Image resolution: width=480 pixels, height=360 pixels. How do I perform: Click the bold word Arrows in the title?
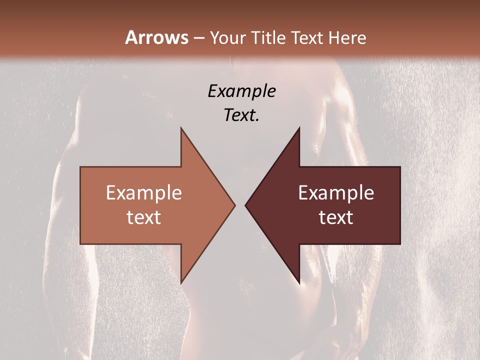coord(156,37)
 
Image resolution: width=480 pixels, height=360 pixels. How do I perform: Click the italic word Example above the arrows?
coord(241,91)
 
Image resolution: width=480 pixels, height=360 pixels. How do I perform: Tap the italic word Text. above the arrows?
coord(241,115)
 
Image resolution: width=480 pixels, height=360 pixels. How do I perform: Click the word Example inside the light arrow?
coord(144,193)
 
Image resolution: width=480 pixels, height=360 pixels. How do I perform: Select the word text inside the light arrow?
coord(144,217)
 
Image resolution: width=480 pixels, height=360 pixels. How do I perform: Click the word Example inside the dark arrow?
coord(336,193)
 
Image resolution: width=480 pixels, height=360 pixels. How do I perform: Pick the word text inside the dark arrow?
coord(336,217)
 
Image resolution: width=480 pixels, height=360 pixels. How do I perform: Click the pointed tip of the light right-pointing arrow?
coord(235,205)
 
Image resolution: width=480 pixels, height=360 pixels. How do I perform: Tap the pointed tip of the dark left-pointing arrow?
coord(245,205)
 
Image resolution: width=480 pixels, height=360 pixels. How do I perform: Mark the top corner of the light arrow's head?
coord(181,128)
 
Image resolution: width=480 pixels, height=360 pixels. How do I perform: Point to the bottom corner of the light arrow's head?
coord(181,282)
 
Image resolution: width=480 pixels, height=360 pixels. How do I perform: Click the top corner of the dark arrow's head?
coord(299,128)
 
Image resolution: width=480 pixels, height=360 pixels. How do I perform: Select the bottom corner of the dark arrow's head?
coord(299,282)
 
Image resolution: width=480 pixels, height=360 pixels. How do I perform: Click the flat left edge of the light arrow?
coord(80,205)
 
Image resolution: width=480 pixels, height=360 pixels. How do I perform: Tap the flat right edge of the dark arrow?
coord(400,205)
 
